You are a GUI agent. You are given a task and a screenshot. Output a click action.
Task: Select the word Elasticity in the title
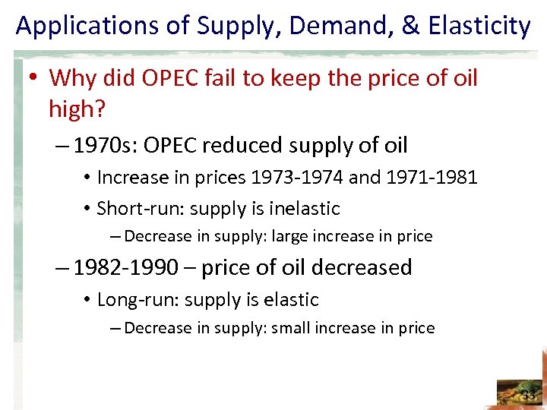[479, 27]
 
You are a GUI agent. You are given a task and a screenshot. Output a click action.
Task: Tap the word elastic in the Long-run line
[292, 300]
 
